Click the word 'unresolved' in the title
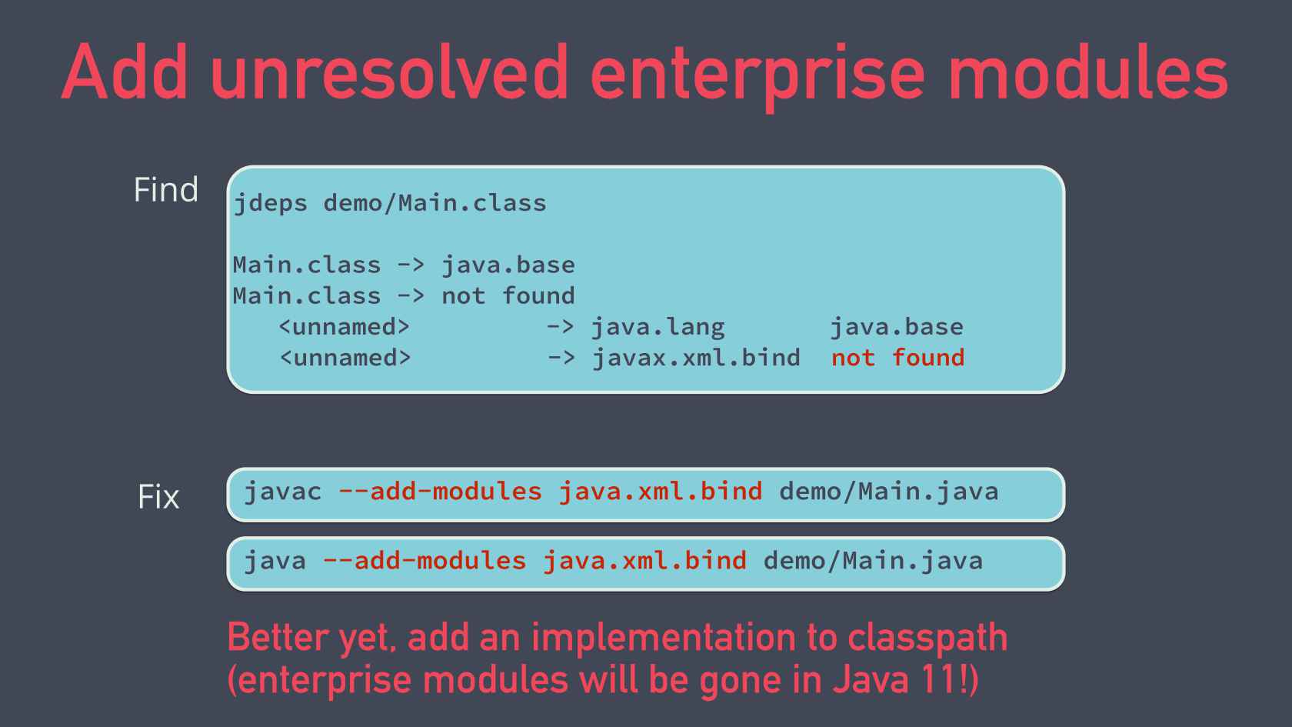[388, 73]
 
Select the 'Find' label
[166, 190]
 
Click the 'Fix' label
[158, 497]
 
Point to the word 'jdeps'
[270, 203]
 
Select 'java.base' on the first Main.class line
[508, 265]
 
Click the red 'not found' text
[897, 358]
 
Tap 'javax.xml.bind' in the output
[696, 358]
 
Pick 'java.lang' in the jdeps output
[658, 327]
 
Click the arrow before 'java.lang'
[560, 327]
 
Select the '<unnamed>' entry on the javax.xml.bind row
[345, 358]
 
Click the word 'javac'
[282, 492]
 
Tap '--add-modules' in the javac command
[440, 492]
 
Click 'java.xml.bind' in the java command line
[644, 561]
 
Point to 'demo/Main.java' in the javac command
[888, 492]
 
